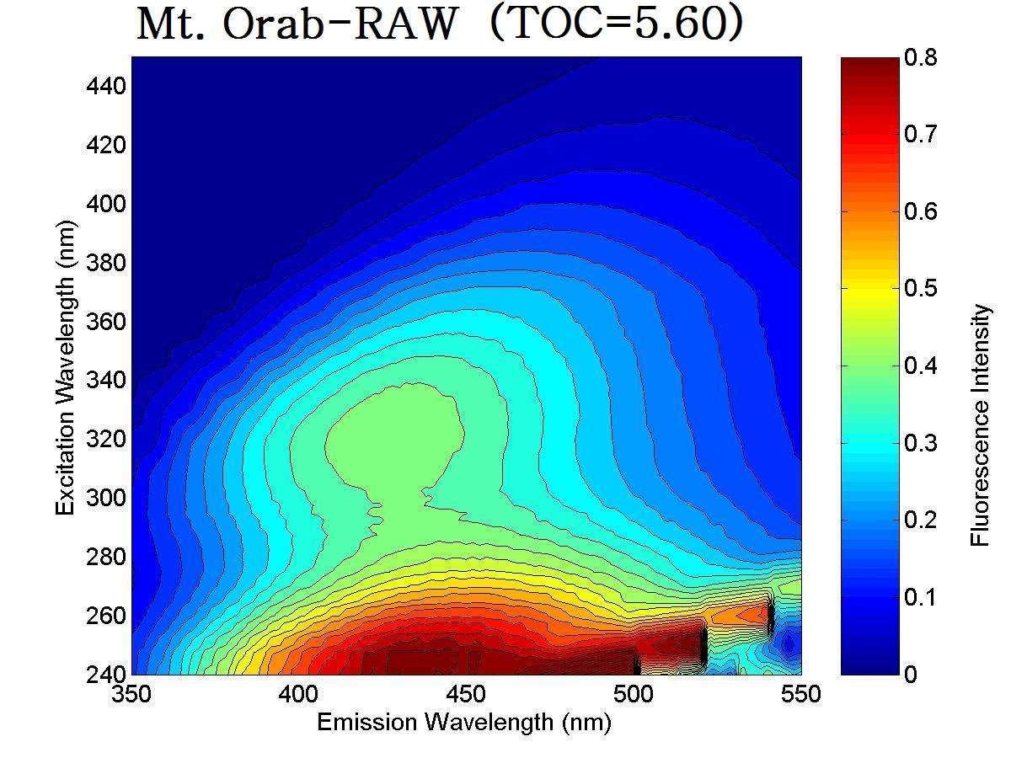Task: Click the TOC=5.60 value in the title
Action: (x=616, y=25)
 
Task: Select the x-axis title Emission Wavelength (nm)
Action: (x=463, y=722)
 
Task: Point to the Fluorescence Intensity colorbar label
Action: (x=980, y=425)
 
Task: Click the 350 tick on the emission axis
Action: (x=131, y=695)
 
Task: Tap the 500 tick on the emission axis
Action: (x=634, y=695)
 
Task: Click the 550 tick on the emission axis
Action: (x=800, y=695)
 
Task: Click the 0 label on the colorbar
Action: (x=910, y=674)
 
